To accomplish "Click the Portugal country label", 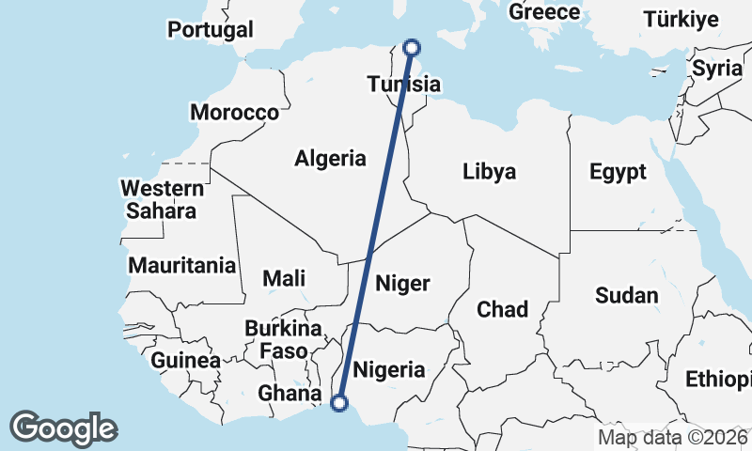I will (211, 29).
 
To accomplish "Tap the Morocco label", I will (234, 113).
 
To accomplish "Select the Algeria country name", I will (330, 158).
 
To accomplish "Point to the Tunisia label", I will (403, 85).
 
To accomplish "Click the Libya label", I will (489, 172).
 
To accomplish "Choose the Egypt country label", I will (618, 172).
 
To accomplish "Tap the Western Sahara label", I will (163, 199).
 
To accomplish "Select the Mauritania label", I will (181, 265).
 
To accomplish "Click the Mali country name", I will (284, 278).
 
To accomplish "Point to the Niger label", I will (402, 283).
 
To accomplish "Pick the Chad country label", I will (502, 309).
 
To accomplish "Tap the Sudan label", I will (627, 295).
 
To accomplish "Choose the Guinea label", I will (186, 360).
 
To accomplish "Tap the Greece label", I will (544, 12).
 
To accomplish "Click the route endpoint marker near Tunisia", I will (411, 48).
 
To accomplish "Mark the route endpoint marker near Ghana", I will (340, 403).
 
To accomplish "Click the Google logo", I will (63, 428).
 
